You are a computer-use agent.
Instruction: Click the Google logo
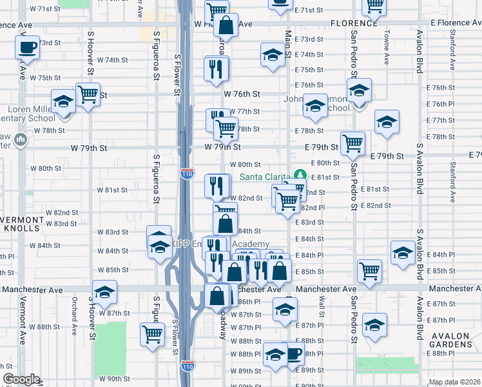point(21,380)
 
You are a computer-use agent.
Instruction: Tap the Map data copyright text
point(454,382)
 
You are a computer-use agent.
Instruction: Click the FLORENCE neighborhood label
point(354,23)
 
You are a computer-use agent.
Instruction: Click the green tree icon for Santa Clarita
point(300,175)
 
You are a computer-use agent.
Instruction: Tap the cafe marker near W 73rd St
point(28,48)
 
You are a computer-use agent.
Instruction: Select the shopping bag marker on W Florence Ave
point(226,26)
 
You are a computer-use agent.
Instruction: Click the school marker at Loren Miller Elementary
point(64,103)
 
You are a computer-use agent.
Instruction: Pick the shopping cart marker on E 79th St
point(352,143)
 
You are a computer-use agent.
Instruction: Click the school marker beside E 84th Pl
point(403,253)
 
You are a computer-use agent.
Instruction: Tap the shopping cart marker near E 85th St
point(370,271)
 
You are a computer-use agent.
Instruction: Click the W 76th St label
point(242,94)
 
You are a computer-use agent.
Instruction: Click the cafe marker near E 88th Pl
point(293,353)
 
